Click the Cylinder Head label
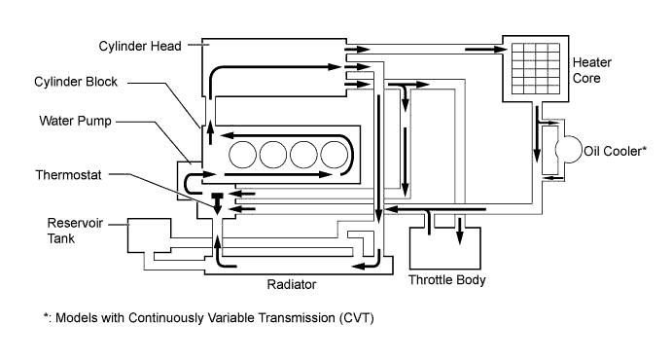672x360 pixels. [140, 47]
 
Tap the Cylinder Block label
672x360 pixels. [76, 82]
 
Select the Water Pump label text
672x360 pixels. [75, 121]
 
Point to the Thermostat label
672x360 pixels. [69, 175]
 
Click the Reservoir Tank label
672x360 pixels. [75, 231]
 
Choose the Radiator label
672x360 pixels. [292, 284]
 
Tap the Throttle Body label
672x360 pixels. [447, 280]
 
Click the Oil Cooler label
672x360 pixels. [615, 151]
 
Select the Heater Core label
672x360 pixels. [592, 70]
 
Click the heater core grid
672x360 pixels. [536, 68]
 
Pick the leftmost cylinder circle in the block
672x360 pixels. [242, 155]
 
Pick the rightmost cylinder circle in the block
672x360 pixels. [335, 155]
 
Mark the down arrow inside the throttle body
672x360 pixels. [460, 231]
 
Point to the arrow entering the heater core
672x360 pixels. [485, 50]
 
